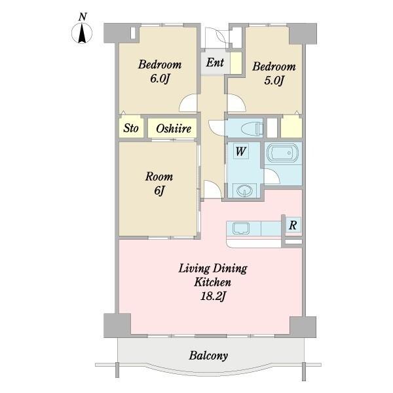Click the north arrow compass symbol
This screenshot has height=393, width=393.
click(x=82, y=33)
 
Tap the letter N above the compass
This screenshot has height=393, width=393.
click(x=83, y=17)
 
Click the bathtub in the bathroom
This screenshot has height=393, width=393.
click(x=282, y=153)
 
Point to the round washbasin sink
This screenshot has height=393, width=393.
click(x=243, y=191)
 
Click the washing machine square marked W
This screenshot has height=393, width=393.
click(x=241, y=151)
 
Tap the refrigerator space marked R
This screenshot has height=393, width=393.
click(x=293, y=225)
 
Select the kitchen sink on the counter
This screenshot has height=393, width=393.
click(x=241, y=229)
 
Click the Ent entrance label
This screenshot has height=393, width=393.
click(x=215, y=62)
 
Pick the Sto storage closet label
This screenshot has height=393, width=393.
click(x=131, y=128)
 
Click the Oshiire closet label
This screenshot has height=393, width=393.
click(x=174, y=128)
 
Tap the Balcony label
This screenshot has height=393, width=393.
click(x=208, y=356)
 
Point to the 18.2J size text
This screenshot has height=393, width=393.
click(x=213, y=297)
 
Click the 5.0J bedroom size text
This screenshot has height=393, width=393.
click(x=274, y=81)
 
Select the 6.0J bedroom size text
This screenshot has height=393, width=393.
click(x=160, y=79)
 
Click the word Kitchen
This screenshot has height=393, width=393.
click(x=212, y=282)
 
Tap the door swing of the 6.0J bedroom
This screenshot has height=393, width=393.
click(x=188, y=103)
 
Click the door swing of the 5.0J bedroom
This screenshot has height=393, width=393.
click(x=236, y=103)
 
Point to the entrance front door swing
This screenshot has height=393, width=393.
click(x=215, y=37)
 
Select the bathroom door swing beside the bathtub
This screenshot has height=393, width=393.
click(x=272, y=176)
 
